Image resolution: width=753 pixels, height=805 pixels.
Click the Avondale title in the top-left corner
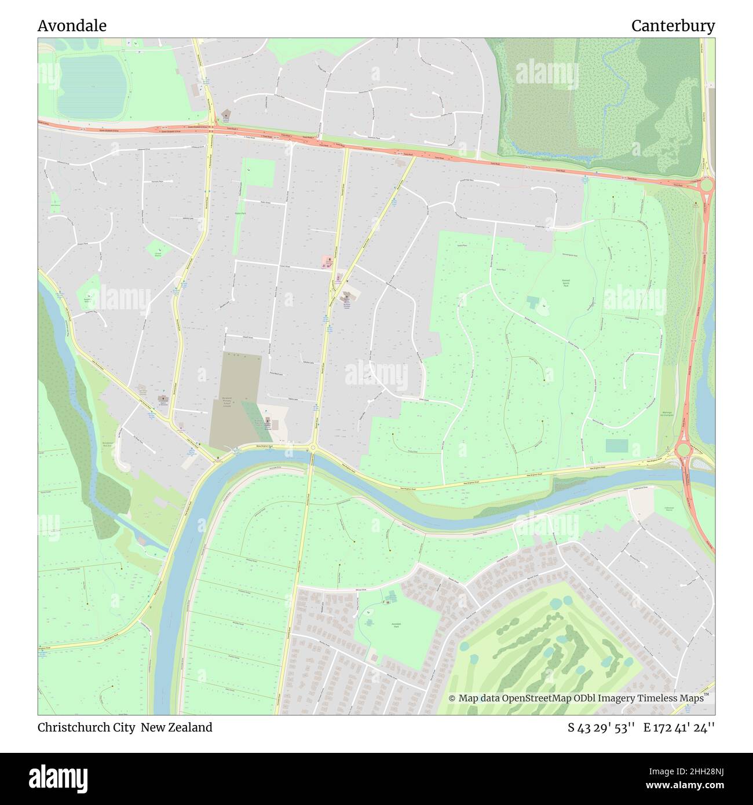tap(72, 26)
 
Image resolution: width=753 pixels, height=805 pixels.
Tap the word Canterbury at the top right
tap(672, 26)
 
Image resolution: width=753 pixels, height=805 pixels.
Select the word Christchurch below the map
tap(74, 727)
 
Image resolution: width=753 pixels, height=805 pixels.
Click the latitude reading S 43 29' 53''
tap(601, 727)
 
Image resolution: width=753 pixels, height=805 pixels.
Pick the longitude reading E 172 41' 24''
tap(679, 727)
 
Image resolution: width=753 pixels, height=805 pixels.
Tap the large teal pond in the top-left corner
tap(92, 86)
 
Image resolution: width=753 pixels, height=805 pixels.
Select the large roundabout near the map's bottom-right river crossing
tap(683, 449)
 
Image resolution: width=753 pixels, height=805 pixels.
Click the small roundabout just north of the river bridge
tap(312, 447)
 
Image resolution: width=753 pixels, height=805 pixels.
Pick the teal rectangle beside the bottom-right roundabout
tap(616, 446)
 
